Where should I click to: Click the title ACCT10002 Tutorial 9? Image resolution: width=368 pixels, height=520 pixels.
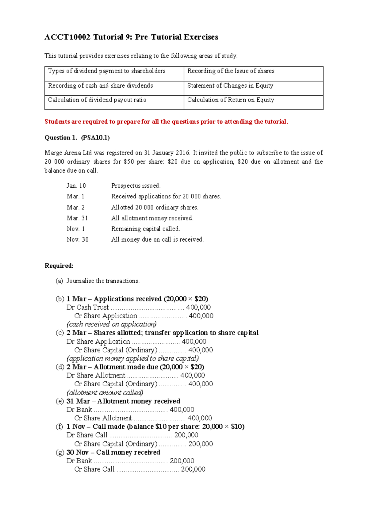pyautogui.click(x=131, y=37)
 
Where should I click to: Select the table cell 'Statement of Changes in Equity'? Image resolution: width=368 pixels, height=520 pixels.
pyautogui.click(x=230, y=86)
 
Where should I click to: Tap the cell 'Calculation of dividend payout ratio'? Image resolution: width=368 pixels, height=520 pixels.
pyautogui.click(x=97, y=100)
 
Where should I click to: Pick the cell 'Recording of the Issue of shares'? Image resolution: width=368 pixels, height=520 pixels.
pyautogui.click(x=231, y=71)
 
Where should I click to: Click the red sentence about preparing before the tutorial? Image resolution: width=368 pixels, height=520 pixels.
pyautogui.click(x=166, y=122)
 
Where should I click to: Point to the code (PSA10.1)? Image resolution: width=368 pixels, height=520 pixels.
pyautogui.click(x=95, y=138)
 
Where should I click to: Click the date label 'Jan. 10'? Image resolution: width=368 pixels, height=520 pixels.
pyautogui.click(x=76, y=186)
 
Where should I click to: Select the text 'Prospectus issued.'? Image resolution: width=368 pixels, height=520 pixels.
pyautogui.click(x=136, y=186)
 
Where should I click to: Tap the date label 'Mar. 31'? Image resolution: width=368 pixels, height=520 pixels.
pyautogui.click(x=77, y=218)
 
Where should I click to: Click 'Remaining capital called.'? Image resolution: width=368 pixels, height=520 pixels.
pyautogui.click(x=145, y=229)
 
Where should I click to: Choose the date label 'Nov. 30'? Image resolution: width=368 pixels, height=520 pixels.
pyautogui.click(x=78, y=239)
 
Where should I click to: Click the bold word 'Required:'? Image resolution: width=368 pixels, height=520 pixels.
pyautogui.click(x=59, y=266)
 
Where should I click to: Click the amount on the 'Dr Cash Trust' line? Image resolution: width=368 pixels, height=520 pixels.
pyautogui.click(x=198, y=307)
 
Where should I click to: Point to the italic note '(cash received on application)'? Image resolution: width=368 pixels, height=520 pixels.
pyautogui.click(x=112, y=324)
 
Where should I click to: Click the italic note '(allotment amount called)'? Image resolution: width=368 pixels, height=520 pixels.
pyautogui.click(x=105, y=393)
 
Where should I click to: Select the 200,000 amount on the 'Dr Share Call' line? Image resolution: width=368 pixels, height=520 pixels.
pyautogui.click(x=186, y=435)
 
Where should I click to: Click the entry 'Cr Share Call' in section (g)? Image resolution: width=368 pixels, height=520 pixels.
pyautogui.click(x=94, y=469)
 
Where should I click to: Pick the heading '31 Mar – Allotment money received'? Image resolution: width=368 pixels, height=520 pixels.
pyautogui.click(x=123, y=401)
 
